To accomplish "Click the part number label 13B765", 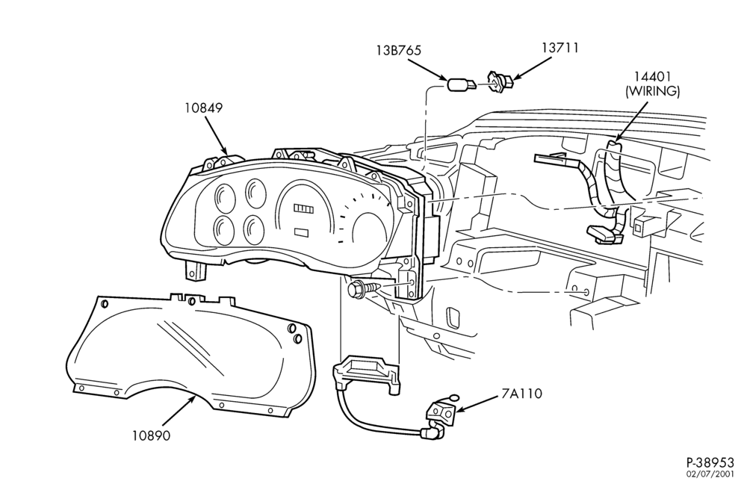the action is [x=398, y=51].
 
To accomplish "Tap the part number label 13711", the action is [x=560, y=48].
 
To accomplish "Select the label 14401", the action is [x=652, y=77].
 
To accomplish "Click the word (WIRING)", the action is [x=652, y=91].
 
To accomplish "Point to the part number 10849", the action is [x=204, y=108].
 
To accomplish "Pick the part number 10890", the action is [x=151, y=435].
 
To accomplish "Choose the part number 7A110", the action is [x=521, y=394].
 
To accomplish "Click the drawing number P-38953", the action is [x=710, y=462].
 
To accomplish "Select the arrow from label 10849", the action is [x=217, y=136].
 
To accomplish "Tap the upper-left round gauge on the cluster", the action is [x=224, y=197].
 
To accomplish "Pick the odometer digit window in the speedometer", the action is [x=303, y=208].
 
